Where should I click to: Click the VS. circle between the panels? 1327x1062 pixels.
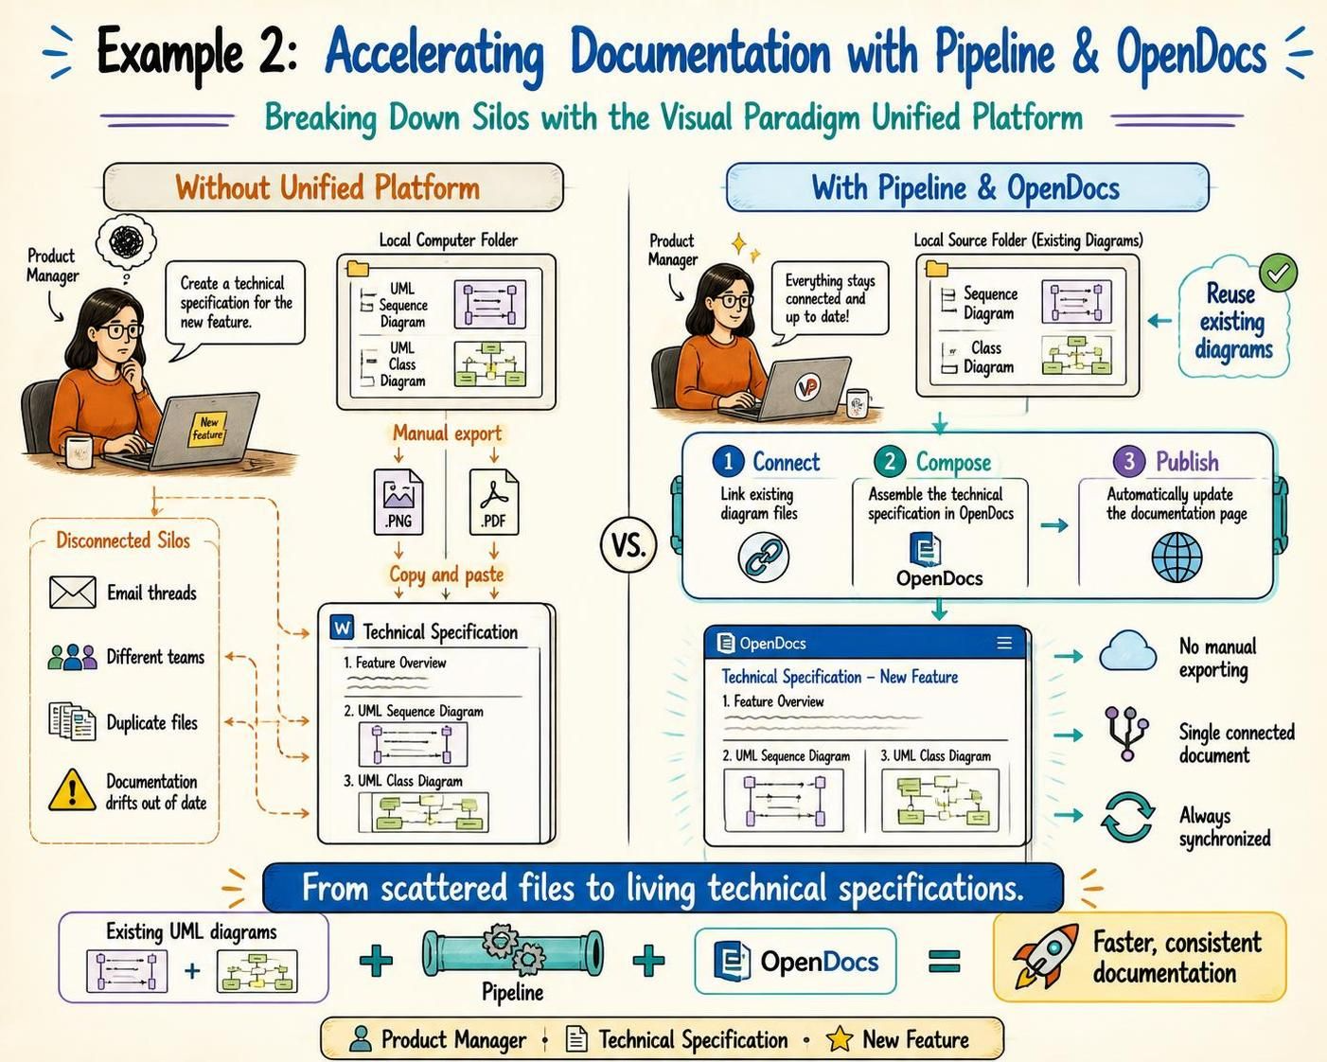[x=628, y=544]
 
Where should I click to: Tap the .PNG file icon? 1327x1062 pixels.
[x=398, y=502]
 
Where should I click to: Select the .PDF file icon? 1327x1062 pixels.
[x=494, y=502]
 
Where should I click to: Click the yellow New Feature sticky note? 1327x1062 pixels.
[x=207, y=429]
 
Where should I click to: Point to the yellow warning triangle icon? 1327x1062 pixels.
[x=72, y=790]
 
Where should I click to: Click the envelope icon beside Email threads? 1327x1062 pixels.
[x=72, y=593]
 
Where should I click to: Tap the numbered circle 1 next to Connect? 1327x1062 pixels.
[x=728, y=461]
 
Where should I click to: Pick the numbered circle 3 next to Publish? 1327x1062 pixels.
[x=1129, y=461]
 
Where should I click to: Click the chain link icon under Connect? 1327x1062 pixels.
[x=764, y=557]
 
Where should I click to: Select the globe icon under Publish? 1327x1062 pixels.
[x=1177, y=557]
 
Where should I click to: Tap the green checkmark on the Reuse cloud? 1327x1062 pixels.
[x=1279, y=273]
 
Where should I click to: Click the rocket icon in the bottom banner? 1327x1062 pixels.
[x=1046, y=955]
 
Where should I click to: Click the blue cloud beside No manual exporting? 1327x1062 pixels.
[x=1128, y=650]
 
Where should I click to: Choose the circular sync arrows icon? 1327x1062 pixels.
[x=1127, y=817]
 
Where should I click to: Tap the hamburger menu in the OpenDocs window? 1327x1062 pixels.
[x=1004, y=644]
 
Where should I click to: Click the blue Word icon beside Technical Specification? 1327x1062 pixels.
[x=343, y=628]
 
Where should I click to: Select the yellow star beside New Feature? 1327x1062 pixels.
[x=840, y=1039]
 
